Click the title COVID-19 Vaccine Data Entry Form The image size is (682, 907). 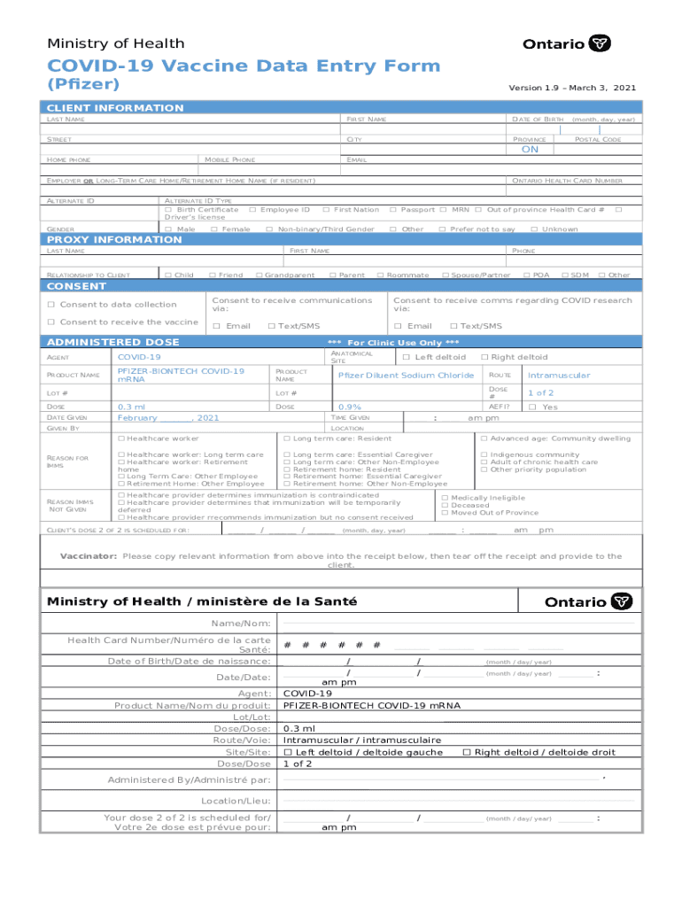(243, 66)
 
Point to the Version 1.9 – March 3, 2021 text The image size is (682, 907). (571, 89)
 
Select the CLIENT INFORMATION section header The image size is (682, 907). (115, 108)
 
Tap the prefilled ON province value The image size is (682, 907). (529, 150)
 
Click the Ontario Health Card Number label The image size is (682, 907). (567, 181)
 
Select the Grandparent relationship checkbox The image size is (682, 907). (259, 275)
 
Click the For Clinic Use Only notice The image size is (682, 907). (393, 343)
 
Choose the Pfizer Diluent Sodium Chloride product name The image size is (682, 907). (406, 376)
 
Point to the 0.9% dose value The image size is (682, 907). (338, 407)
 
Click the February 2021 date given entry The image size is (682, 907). (168, 418)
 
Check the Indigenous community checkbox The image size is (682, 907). (484, 454)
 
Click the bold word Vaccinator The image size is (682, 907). (88, 556)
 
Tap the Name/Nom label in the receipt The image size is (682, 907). (248, 624)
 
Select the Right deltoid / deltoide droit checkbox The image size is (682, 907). (467, 752)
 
